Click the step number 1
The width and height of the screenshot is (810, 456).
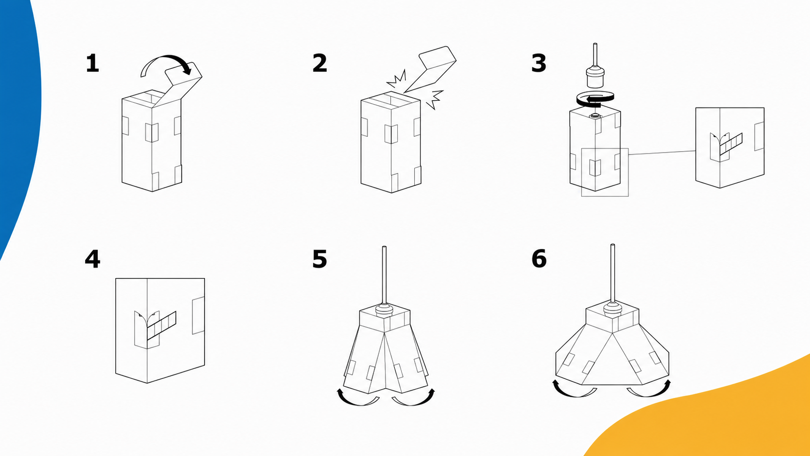(x=92, y=63)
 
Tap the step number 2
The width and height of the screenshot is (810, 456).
(x=320, y=63)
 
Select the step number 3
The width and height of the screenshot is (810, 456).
(x=538, y=63)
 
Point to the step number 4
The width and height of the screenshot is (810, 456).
(x=92, y=259)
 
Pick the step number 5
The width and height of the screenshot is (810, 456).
(x=320, y=259)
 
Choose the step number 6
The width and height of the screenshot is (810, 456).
(x=539, y=259)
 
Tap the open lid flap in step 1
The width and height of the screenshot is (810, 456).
(x=178, y=85)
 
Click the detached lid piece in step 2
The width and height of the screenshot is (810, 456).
(x=430, y=69)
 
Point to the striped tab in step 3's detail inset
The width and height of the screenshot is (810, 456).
(x=731, y=144)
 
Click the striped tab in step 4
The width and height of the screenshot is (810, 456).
(x=161, y=326)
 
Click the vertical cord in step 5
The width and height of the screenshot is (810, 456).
(x=384, y=275)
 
